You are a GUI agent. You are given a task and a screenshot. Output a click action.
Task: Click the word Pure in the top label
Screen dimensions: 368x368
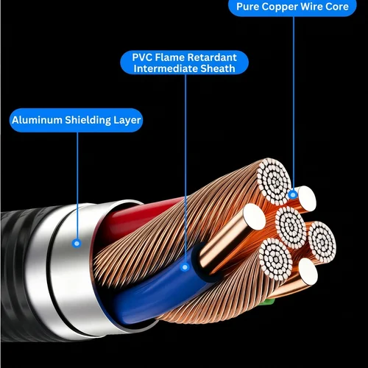pyautogui.click(x=250, y=7)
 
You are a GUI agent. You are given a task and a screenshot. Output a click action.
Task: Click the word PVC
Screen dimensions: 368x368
pyautogui.click(x=143, y=57)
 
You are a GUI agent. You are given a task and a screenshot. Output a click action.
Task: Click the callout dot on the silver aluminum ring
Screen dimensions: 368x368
pyautogui.click(x=77, y=241)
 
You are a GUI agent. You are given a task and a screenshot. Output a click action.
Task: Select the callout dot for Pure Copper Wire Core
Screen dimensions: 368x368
pyautogui.click(x=293, y=195)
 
